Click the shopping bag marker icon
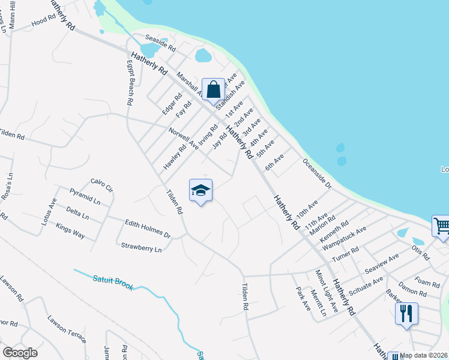(x=213, y=89)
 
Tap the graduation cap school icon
(x=201, y=191)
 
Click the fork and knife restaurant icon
(x=406, y=313)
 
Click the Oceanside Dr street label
(x=316, y=173)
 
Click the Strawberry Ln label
(x=141, y=247)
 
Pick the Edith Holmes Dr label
(x=148, y=228)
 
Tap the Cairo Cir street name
(x=101, y=184)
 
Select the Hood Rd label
(x=43, y=21)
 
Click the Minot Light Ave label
(x=327, y=287)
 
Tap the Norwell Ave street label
(x=183, y=138)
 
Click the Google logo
(x=20, y=352)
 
